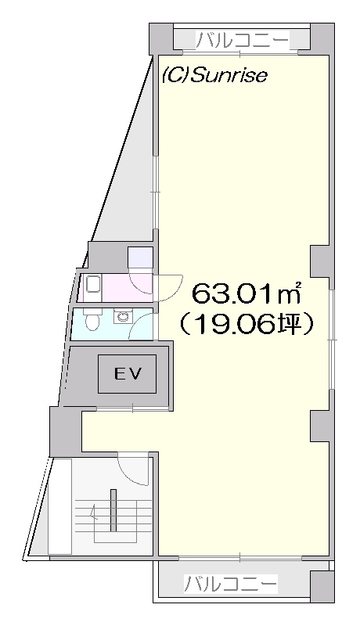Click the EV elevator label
click(x=128, y=374)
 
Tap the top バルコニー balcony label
click(x=242, y=40)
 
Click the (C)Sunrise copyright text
click(x=214, y=75)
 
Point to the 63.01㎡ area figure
click(x=247, y=295)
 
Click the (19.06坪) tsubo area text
click(x=247, y=326)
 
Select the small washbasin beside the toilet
click(x=121, y=317)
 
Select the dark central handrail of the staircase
click(x=113, y=510)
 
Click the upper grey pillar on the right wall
click(x=322, y=261)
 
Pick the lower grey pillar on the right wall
click(x=322, y=426)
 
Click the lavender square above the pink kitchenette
click(x=141, y=257)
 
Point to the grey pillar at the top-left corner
click(x=161, y=38)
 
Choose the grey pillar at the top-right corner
click(x=322, y=38)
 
